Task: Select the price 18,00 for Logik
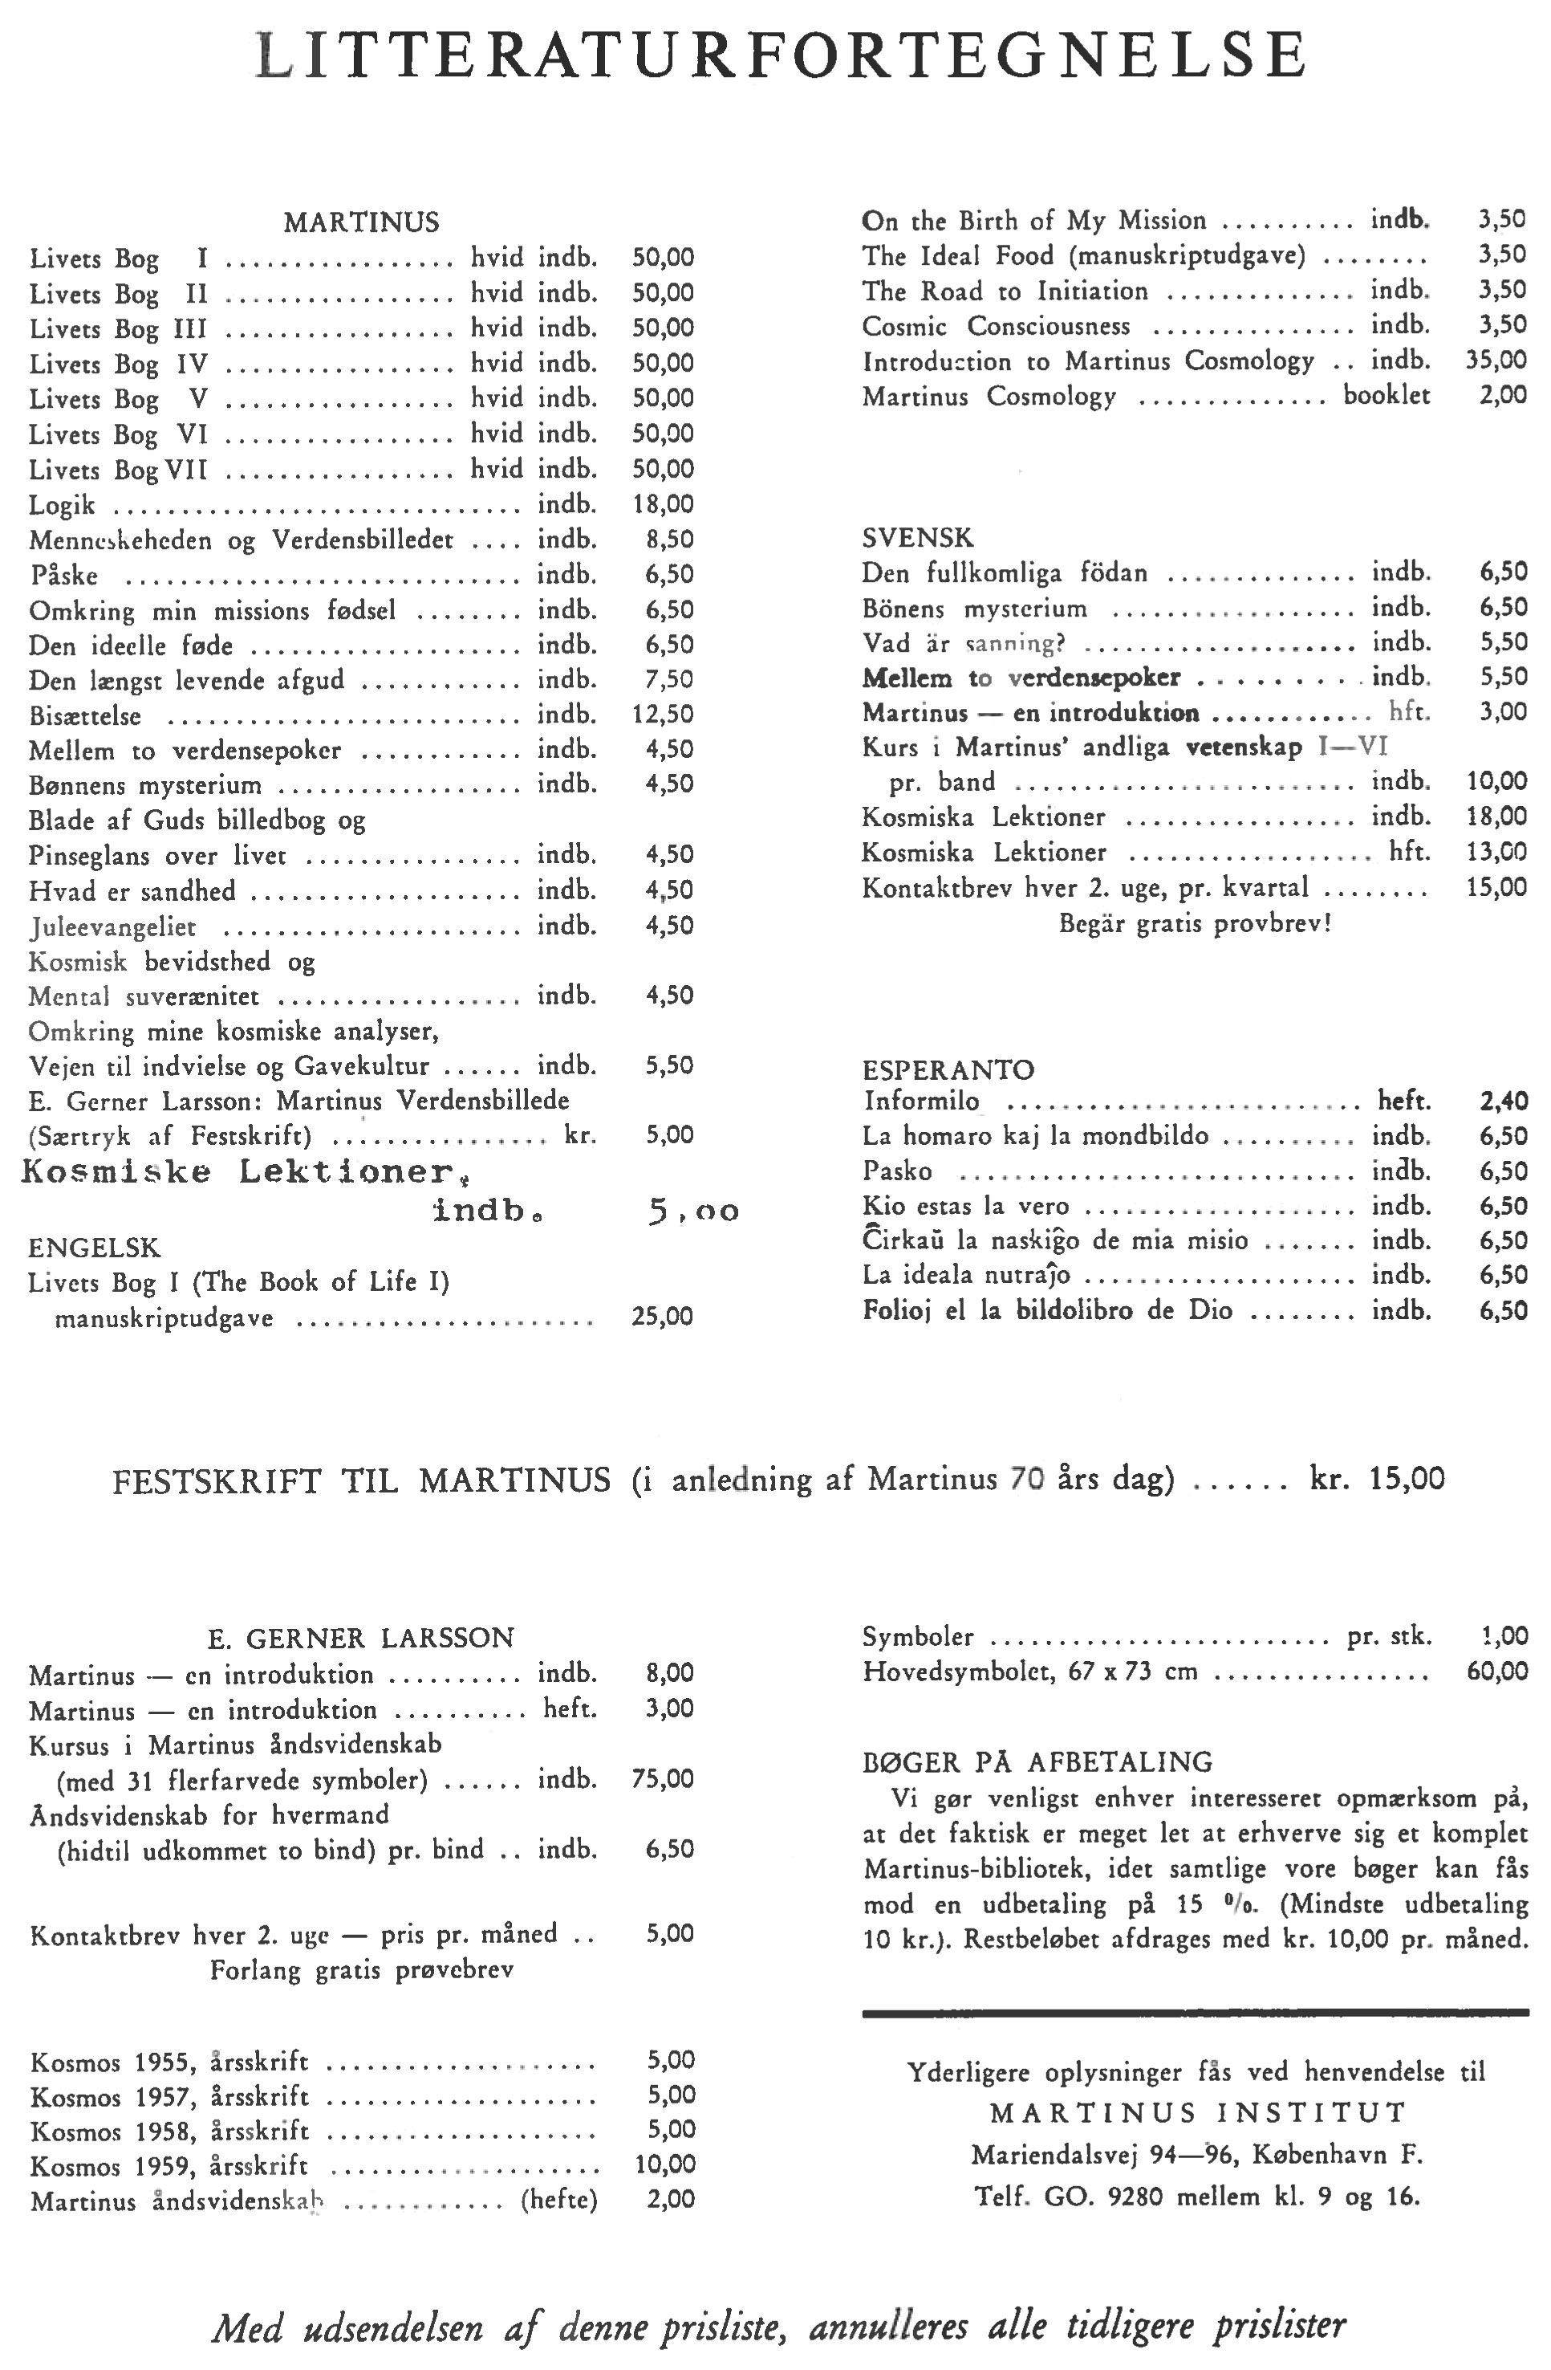pos(663,504)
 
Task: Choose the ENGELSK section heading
pos(94,1248)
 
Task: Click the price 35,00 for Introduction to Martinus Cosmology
pos(1496,360)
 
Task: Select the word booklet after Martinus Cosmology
pos(1386,395)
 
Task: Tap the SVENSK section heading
pos(917,538)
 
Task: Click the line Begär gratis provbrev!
pos(1195,923)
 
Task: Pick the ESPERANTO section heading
pos(948,1069)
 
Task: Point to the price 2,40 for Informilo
pos(1503,1102)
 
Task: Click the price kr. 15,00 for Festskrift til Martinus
pos(1377,1479)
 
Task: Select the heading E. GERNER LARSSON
pos(360,1638)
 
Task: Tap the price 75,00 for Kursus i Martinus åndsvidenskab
pos(663,1778)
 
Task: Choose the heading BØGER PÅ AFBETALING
pos(1037,1761)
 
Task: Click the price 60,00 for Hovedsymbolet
pos(1497,1671)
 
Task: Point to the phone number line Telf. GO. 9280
pos(1196,2195)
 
